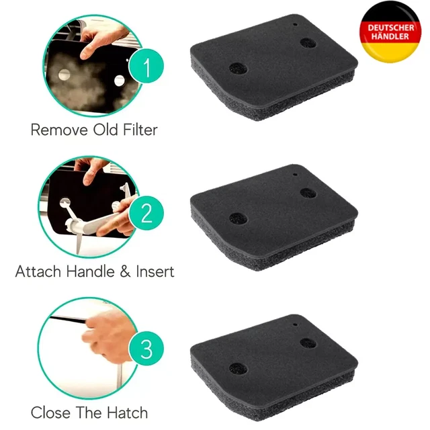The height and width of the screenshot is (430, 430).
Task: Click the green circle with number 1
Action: click(x=146, y=66)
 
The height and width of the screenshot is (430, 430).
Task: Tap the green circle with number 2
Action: click(x=146, y=213)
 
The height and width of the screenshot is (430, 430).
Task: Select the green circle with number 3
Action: click(x=146, y=348)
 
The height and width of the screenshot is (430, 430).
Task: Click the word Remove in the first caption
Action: click(x=60, y=130)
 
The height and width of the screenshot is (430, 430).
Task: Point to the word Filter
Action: click(x=140, y=130)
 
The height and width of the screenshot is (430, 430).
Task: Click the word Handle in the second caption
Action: click(x=91, y=271)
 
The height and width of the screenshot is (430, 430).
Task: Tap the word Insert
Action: click(x=155, y=271)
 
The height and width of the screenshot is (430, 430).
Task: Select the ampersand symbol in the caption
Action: click(x=125, y=271)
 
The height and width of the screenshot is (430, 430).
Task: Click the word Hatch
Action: click(x=127, y=413)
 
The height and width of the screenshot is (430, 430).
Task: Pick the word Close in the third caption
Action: click(x=50, y=413)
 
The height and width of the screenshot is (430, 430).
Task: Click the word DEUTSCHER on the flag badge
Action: click(x=390, y=28)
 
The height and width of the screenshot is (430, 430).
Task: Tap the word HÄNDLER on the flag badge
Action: click(x=390, y=36)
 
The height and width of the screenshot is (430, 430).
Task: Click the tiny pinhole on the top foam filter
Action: click(x=295, y=24)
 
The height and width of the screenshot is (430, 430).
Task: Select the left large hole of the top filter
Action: click(x=238, y=69)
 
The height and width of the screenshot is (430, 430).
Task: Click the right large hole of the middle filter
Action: click(x=308, y=193)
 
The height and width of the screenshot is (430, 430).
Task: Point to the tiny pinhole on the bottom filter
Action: click(x=295, y=325)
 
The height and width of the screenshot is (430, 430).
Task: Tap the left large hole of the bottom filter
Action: click(x=238, y=369)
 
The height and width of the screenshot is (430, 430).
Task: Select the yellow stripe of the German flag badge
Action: click(x=390, y=53)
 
